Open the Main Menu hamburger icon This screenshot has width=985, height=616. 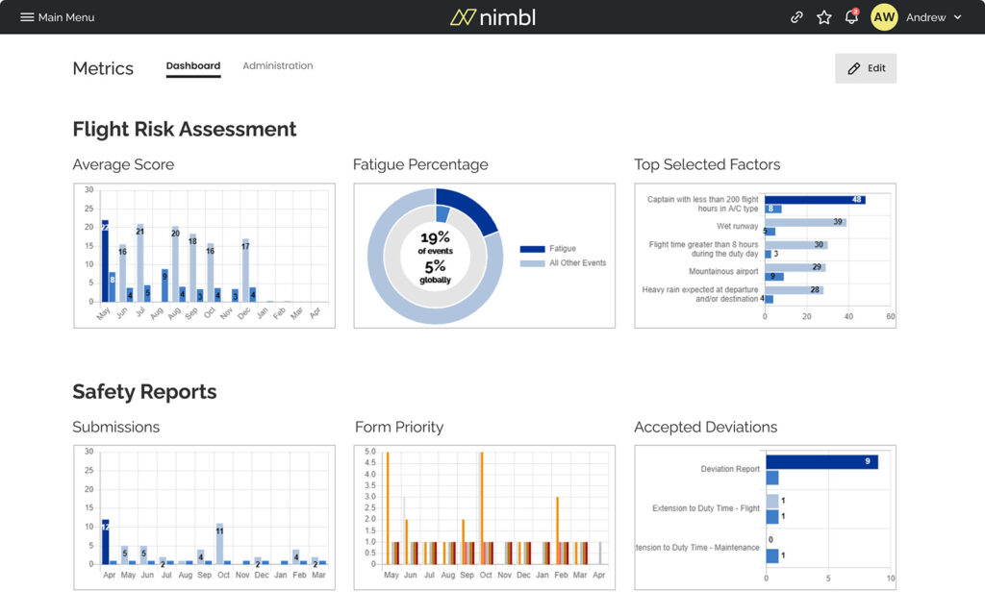[27, 17]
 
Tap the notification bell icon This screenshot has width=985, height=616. [851, 17]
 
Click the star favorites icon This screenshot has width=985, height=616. [823, 17]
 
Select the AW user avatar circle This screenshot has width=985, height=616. [884, 17]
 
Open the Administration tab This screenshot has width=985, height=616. [277, 66]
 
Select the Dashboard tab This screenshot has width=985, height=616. [192, 66]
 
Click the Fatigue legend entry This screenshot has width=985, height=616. [562, 249]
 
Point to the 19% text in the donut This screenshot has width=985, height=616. [436, 237]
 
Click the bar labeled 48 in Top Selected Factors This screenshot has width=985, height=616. [814, 200]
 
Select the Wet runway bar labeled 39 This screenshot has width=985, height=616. [805, 222]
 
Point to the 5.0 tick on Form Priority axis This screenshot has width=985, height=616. [369, 451]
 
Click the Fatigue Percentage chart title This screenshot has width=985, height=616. [420, 164]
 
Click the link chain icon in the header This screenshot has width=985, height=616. [796, 17]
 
